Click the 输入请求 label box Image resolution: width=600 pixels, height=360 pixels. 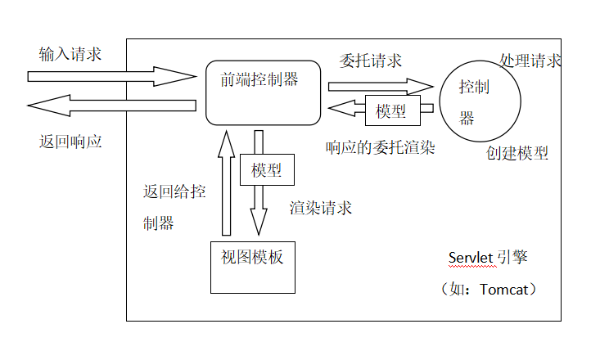70,54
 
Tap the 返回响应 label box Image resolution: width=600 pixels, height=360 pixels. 70,140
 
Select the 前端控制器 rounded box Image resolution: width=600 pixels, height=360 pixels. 262,92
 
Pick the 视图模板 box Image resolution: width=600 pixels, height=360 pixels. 252,268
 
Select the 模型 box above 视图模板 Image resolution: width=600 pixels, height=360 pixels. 267,170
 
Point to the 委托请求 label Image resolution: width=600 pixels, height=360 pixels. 371,61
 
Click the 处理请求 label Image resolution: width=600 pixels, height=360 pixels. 530,61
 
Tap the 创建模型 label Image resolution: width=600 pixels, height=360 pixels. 517,153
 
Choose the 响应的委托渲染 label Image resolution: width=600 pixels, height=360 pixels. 380,148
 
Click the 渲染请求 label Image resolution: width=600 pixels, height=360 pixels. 321,208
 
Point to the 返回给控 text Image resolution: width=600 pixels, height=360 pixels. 174,193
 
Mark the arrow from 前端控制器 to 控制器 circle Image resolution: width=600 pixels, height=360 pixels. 380,86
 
